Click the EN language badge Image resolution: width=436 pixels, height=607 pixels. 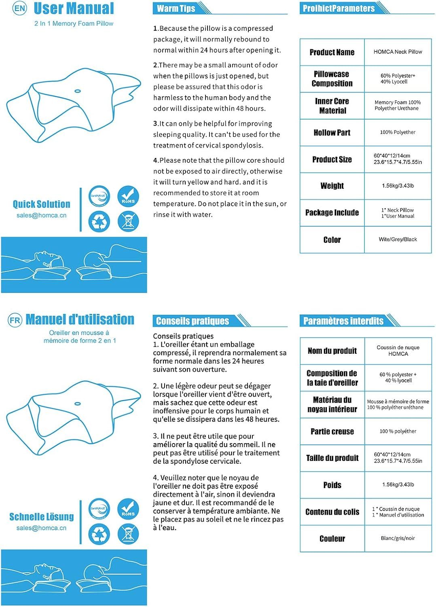coord(20,8)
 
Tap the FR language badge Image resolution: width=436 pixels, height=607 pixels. coord(15,320)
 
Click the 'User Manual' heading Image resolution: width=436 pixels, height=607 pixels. coord(74,8)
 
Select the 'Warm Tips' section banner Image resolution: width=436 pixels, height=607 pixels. coord(176,8)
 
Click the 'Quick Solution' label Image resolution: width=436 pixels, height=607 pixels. coord(41,204)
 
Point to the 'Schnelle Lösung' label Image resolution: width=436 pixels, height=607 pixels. coord(41,517)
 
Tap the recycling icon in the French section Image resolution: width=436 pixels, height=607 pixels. coord(99,534)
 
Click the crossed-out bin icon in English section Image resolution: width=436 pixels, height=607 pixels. coord(128,221)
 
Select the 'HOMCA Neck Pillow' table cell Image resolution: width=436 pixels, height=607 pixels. coord(398,52)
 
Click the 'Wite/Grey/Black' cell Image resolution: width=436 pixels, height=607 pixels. coord(398,240)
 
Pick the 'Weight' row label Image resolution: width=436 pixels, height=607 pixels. coord(332,186)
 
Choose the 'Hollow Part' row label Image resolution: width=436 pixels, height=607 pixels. coord(332,132)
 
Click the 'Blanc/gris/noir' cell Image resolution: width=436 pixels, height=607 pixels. coord(398,538)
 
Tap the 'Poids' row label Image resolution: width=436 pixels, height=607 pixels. coord(332,485)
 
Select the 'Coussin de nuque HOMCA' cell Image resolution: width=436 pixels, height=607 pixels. coord(398,350)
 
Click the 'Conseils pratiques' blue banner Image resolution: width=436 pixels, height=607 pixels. coord(193,321)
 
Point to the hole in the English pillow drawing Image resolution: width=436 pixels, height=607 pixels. coord(77,90)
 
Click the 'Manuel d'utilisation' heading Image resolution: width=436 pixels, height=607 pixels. coord(80,320)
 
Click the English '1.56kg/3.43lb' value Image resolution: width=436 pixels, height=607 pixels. coord(398,186)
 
